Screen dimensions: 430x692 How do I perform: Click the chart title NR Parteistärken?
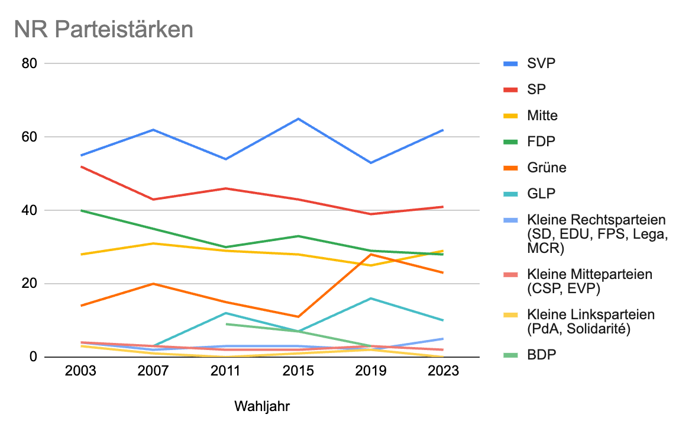(104, 30)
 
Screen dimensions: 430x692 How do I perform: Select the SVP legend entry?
(542, 63)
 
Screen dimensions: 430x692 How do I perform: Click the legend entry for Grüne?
(547, 168)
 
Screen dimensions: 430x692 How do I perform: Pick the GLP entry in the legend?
(541, 194)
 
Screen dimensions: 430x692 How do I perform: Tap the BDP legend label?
(542, 355)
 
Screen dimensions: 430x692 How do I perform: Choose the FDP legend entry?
(542, 142)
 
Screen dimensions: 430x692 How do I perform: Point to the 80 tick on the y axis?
(30, 63)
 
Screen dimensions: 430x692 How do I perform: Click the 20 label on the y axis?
(30, 284)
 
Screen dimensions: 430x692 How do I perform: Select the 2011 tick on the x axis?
(225, 371)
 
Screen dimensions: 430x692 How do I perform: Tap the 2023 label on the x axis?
(444, 371)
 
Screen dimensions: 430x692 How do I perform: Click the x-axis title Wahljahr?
(262, 407)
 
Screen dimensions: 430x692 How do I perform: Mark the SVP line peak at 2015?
(298, 118)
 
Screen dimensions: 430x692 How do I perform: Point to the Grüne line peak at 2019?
(371, 254)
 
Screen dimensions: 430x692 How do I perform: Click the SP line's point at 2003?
(80, 166)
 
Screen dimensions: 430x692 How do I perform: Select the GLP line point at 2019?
(371, 298)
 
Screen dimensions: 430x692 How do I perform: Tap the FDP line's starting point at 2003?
(80, 210)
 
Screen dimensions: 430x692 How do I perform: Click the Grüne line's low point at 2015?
(298, 316)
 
